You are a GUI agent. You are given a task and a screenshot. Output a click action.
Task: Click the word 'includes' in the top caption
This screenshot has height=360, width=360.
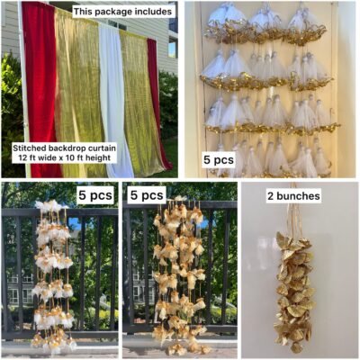pyautogui.click(x=152, y=12)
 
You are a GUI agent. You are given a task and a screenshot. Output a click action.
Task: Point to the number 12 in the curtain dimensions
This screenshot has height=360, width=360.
pyautogui.click(x=17, y=157)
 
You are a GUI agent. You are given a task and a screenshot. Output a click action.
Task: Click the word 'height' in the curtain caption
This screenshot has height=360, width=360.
pyautogui.click(x=102, y=158)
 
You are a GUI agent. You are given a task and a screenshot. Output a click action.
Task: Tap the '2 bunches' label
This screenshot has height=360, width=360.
pyautogui.click(x=293, y=196)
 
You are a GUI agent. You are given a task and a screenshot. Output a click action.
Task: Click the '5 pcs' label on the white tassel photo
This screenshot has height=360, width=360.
pyautogui.click(x=219, y=160)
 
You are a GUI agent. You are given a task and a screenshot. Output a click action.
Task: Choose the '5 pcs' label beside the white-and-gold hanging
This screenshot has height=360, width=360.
pyautogui.click(x=95, y=195)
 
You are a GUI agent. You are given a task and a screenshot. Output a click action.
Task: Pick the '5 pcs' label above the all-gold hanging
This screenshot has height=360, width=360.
pyautogui.click(x=147, y=195)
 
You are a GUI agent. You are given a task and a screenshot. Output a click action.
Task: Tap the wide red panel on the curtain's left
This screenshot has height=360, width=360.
pyautogui.click(x=39, y=90)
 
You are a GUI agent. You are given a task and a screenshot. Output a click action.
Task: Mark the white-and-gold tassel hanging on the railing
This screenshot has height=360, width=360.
pyautogui.click(x=53, y=276)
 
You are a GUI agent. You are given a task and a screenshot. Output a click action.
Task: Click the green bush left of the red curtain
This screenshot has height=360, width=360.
pyautogui.click(x=12, y=114)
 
